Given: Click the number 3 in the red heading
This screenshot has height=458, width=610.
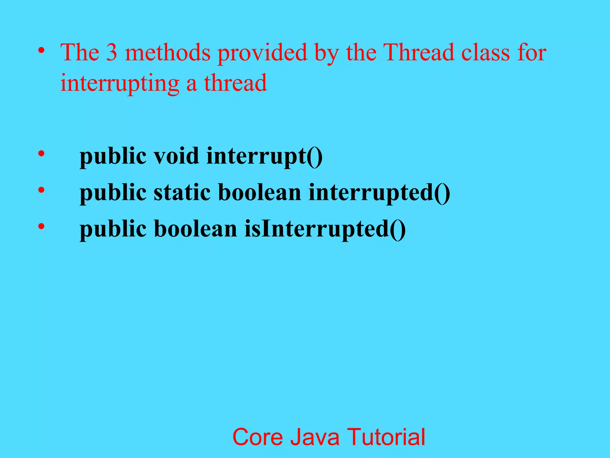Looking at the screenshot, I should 112,52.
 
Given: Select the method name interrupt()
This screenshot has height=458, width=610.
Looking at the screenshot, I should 264,156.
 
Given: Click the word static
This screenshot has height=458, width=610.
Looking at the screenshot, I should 182,192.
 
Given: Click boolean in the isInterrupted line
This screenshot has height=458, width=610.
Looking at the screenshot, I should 195,229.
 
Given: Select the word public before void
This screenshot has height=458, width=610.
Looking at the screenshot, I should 113,156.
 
